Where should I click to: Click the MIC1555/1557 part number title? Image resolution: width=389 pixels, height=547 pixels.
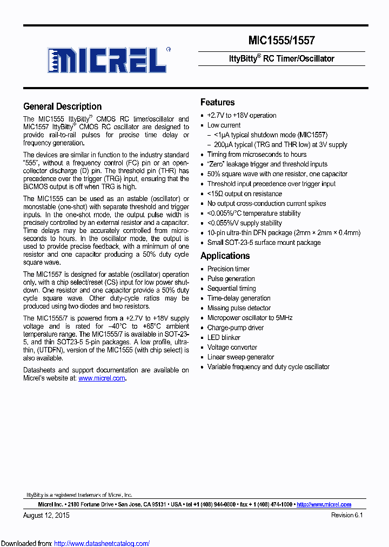[281, 41]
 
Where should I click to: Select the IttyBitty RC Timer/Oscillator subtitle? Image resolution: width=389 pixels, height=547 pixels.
[281, 58]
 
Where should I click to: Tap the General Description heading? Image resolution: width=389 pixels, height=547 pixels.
[62, 106]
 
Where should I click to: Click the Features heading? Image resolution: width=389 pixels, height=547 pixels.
[217, 102]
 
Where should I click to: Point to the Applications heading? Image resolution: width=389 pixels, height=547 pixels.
[225, 256]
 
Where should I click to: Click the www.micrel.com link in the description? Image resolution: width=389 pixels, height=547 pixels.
[102, 379]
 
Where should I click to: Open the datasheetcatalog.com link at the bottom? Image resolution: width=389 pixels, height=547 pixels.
[102, 544]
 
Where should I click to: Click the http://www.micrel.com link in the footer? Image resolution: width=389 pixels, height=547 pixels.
[324, 504]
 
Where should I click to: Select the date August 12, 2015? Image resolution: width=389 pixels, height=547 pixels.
[46, 515]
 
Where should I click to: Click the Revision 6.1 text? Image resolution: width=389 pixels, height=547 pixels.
[346, 515]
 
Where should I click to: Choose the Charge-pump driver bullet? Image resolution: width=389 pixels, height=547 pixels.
[235, 328]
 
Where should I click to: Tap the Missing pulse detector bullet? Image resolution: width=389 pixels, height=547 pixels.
[239, 308]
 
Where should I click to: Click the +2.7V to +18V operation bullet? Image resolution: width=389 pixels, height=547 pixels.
[242, 115]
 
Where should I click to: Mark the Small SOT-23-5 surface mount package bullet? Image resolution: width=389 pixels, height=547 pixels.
[264, 242]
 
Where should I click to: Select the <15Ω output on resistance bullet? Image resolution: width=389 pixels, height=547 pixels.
[244, 194]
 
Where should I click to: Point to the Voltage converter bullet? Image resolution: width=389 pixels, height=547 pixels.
[232, 347]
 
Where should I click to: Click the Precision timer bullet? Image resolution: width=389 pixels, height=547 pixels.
[229, 269]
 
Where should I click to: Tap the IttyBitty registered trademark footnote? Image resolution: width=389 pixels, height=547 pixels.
[79, 495]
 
